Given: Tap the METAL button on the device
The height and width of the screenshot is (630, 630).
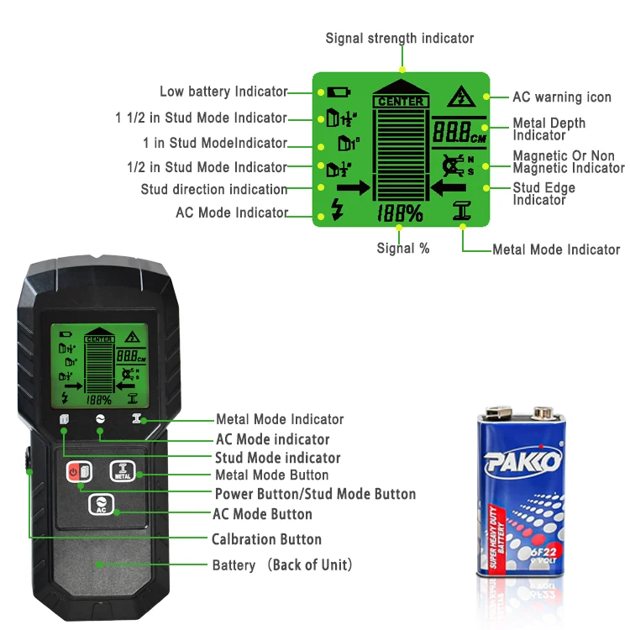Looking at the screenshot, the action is tap(122, 472).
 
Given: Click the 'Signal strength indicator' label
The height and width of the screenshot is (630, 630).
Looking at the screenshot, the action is tap(400, 39).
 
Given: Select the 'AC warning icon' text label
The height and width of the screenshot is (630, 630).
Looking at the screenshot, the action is tap(562, 97).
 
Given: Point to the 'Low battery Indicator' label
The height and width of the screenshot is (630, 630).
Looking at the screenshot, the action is tap(223, 92).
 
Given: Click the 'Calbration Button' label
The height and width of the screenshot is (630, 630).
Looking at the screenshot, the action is tap(266, 539).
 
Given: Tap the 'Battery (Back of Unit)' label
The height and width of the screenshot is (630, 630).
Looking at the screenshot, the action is tap(282, 564).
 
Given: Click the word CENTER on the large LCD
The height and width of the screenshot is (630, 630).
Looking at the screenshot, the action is tap(401, 102).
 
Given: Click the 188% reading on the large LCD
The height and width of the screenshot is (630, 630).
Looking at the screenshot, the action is tap(400, 213).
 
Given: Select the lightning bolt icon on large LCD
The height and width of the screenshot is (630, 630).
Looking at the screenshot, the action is tap(337, 211).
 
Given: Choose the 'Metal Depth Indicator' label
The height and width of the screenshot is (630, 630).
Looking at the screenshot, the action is tap(549, 129).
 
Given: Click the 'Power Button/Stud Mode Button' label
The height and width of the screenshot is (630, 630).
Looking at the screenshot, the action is tap(315, 494).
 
